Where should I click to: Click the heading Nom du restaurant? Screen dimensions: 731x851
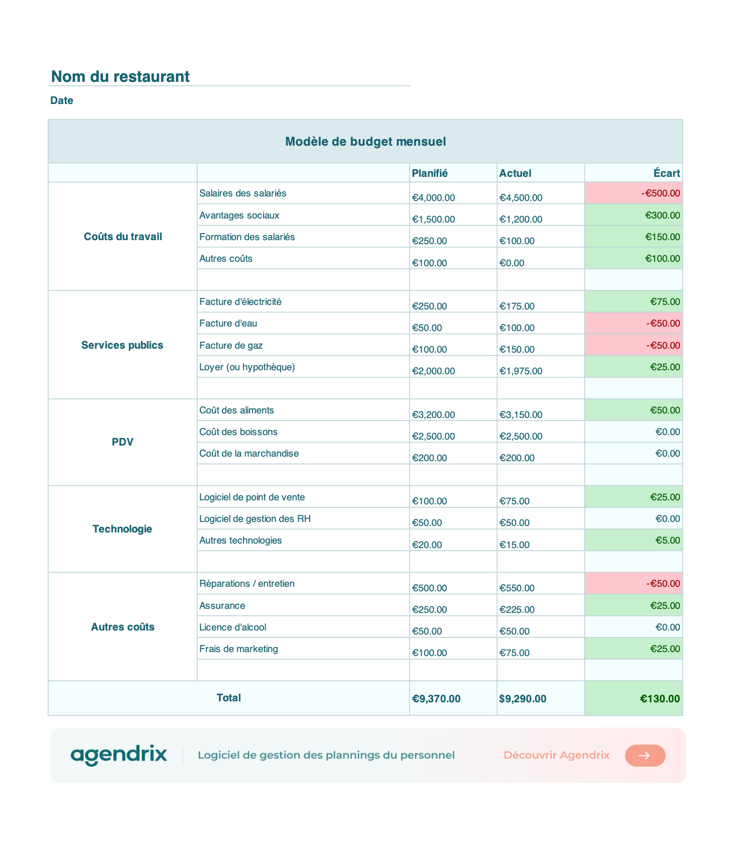click(x=120, y=76)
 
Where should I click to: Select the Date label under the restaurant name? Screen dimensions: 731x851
click(x=62, y=100)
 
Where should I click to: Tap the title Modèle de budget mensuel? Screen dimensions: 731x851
click(x=365, y=142)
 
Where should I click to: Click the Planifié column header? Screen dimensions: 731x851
click(x=430, y=173)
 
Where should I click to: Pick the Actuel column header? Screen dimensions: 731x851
click(x=515, y=173)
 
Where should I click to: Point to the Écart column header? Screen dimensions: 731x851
click(x=667, y=173)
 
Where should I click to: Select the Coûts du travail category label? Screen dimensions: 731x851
click(x=123, y=237)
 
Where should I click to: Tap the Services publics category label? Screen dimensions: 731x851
click(x=123, y=345)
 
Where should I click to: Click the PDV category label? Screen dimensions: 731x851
click(x=123, y=442)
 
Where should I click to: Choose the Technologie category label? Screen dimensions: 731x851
click(x=123, y=529)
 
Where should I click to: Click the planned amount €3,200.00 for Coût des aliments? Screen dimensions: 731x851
click(x=433, y=415)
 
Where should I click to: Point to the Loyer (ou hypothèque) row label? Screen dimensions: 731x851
click(x=247, y=367)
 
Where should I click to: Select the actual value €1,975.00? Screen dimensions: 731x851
click(x=521, y=371)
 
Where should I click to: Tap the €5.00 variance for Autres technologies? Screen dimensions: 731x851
click(x=668, y=541)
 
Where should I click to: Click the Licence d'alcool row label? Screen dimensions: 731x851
click(x=233, y=627)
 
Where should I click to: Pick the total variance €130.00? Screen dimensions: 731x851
click(x=660, y=699)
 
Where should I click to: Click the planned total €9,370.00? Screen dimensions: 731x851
click(x=436, y=699)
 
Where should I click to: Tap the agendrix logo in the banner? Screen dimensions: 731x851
click(x=119, y=755)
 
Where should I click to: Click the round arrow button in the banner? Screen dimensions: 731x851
click(x=645, y=756)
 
